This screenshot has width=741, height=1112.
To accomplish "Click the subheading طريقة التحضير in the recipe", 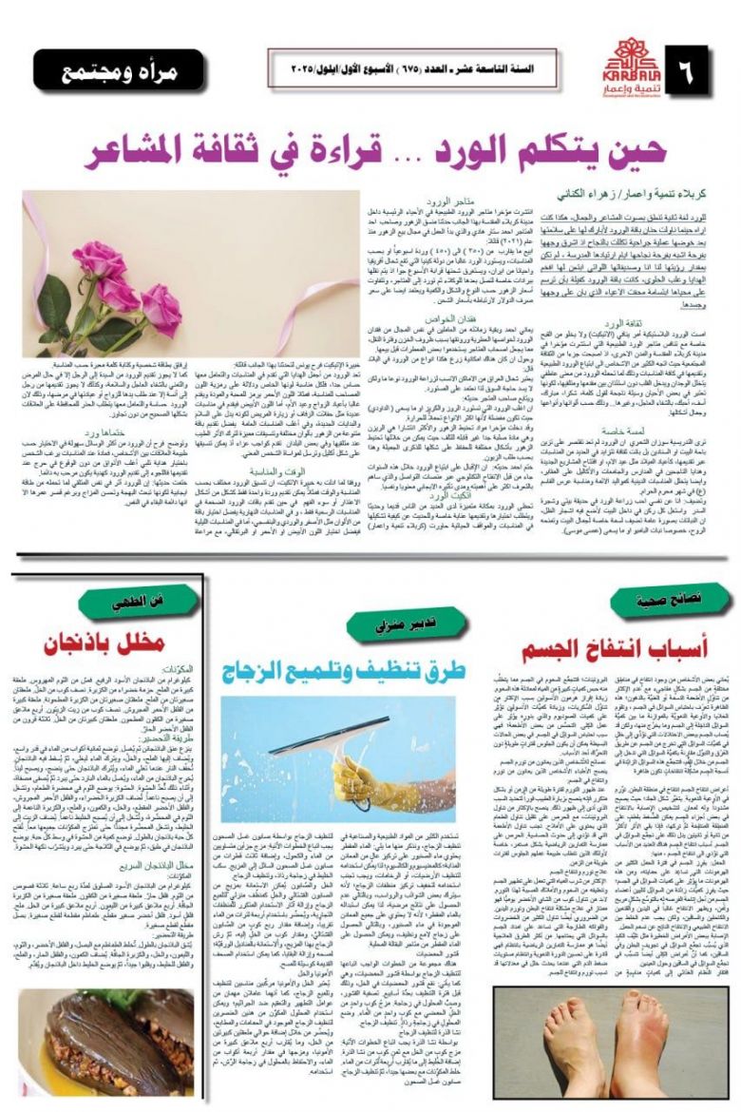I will point(170,738).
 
